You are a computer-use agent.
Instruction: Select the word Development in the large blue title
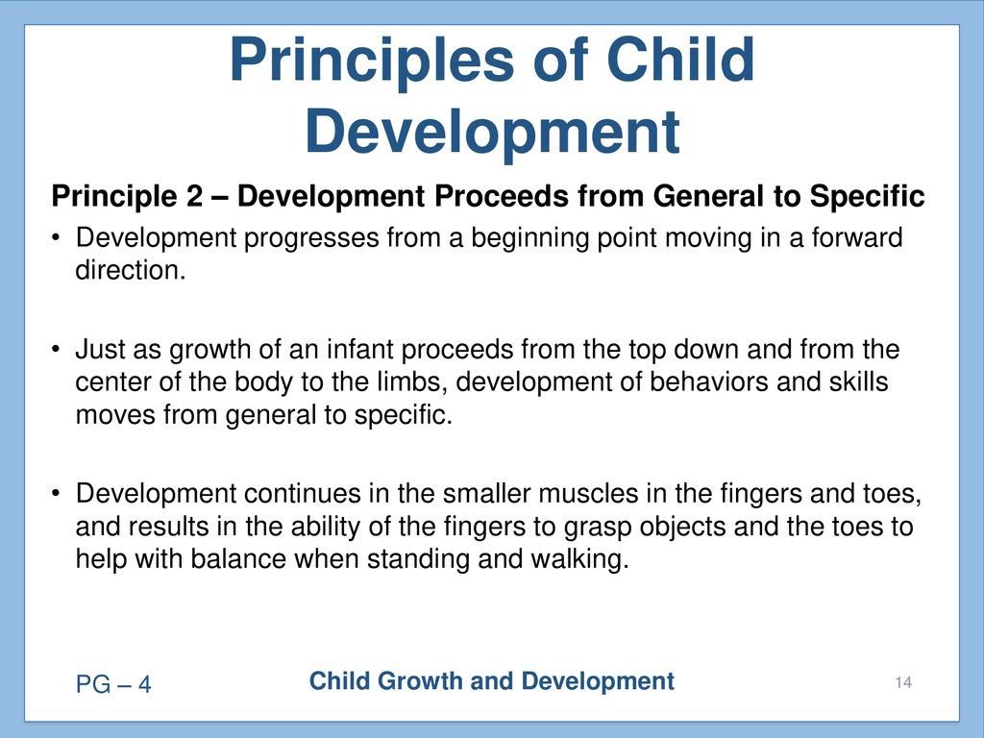tap(493, 132)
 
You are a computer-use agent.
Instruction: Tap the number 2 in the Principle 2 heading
tap(194, 196)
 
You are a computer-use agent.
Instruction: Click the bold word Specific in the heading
tap(867, 197)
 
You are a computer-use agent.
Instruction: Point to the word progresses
tap(311, 239)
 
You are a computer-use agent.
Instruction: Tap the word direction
tap(131, 270)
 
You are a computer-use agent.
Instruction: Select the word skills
tap(860, 381)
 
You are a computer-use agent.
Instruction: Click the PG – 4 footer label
tap(113, 684)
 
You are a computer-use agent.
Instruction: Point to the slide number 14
tap(903, 683)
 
